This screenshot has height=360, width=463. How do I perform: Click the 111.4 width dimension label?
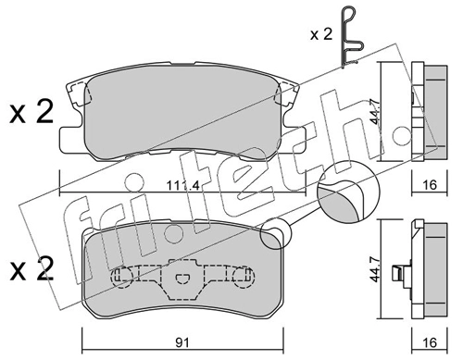pos(183,186)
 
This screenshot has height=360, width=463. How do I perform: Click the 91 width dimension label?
pos(182,343)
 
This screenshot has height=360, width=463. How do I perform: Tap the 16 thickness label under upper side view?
pos(430,185)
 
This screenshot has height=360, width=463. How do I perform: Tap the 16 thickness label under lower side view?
pos(430,342)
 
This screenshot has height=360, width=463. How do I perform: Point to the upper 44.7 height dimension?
pos(376,111)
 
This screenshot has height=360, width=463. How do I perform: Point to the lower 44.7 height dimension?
pos(375,268)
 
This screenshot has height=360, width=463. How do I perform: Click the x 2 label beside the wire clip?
pos(321,35)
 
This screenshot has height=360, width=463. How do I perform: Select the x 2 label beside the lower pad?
pos(31,269)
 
